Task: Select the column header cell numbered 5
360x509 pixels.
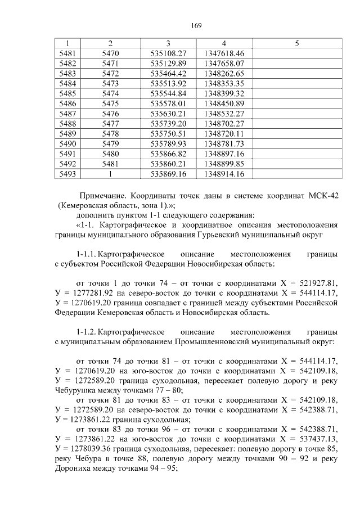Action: click(296, 43)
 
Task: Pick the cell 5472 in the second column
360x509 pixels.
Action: click(110, 74)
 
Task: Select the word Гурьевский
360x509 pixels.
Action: click(254, 237)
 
